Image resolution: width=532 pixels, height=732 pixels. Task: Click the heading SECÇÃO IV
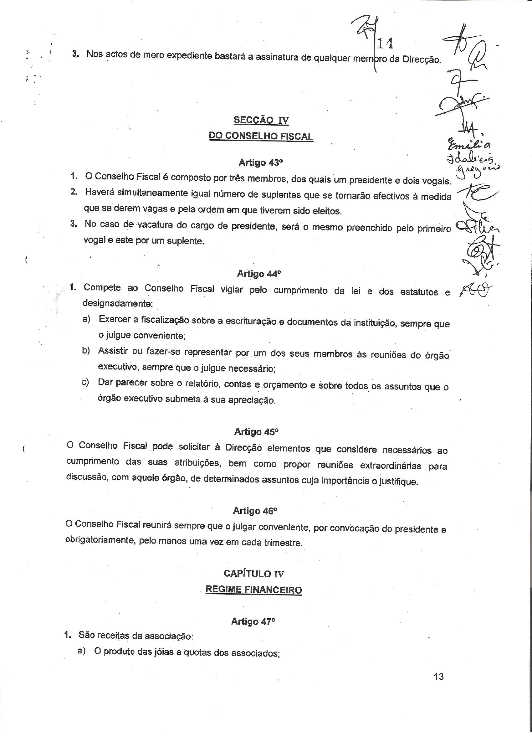pyautogui.click(x=261, y=121)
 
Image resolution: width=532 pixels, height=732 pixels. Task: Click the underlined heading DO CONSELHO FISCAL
pyautogui.click(x=261, y=136)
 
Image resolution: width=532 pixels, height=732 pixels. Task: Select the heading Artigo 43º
pyautogui.click(x=261, y=163)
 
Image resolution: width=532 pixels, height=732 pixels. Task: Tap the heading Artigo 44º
pyautogui.click(x=259, y=274)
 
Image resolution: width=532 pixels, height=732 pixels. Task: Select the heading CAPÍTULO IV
pyautogui.click(x=254, y=574)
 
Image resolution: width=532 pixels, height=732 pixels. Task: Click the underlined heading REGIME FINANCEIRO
pyautogui.click(x=253, y=590)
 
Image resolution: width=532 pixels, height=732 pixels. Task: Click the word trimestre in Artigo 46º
pyautogui.click(x=283, y=543)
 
